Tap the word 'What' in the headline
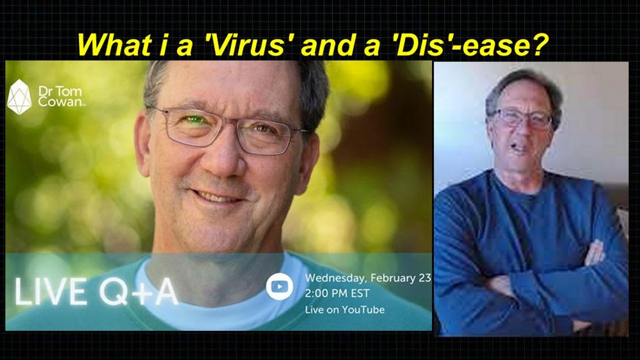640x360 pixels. point(113,45)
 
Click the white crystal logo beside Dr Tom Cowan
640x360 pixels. point(19,97)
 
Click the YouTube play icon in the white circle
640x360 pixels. point(279,286)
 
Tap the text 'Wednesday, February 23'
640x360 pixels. point(368,277)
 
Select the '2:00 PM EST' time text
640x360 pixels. point(337,293)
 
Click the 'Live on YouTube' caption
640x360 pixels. point(345,310)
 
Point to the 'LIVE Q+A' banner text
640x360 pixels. point(96,291)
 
